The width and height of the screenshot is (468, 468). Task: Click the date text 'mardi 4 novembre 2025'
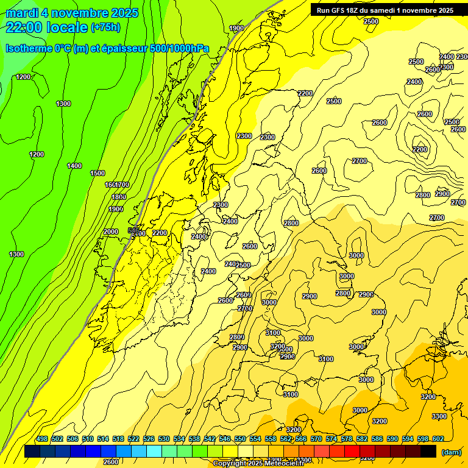(72, 13)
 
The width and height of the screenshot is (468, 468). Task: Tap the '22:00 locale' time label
(47, 27)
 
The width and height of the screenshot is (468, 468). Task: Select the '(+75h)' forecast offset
(105, 27)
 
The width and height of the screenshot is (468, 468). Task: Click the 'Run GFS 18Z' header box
(385, 10)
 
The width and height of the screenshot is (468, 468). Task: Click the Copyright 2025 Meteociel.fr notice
(258, 464)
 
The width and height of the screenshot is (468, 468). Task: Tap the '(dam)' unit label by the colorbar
(451, 452)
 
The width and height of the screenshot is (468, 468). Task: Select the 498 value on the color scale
(42, 439)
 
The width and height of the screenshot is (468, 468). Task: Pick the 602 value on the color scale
(438, 439)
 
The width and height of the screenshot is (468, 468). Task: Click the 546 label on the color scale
(225, 439)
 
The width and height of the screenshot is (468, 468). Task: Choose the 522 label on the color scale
(133, 439)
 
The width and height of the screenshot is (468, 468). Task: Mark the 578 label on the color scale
(347, 439)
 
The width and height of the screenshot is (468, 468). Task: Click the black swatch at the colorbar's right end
(428, 451)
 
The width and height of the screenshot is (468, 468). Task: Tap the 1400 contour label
(74, 166)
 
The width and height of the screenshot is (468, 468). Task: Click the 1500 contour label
(97, 173)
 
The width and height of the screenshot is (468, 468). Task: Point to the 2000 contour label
(111, 232)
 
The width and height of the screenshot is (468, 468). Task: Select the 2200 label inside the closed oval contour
(419, 149)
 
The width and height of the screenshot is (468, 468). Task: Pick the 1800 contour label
(119, 196)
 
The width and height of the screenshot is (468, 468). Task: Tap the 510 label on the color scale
(88, 439)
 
